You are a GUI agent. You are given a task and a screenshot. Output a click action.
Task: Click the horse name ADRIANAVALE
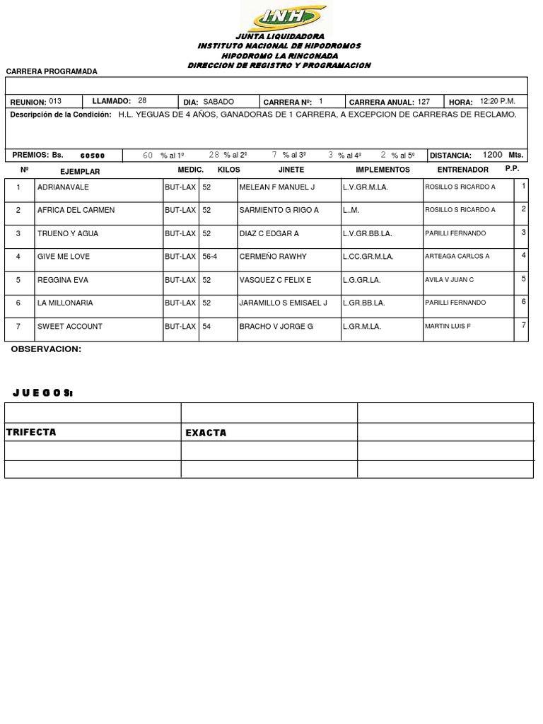64,187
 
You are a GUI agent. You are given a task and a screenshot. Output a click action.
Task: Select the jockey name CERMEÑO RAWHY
273,257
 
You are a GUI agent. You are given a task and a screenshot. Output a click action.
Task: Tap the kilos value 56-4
209,257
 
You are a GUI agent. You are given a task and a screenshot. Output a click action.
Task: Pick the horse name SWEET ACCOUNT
70,326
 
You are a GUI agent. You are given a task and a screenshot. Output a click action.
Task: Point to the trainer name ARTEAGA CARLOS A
457,257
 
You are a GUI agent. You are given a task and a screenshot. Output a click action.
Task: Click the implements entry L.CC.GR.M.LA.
368,257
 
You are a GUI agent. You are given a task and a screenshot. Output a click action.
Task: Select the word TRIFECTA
31,432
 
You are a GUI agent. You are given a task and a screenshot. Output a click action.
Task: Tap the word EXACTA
206,433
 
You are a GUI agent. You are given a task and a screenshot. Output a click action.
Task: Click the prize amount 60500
93,156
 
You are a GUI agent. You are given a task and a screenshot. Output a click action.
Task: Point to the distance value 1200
493,155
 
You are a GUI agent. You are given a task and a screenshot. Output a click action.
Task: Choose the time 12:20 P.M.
497,102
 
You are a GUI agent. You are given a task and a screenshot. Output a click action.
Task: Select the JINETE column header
291,170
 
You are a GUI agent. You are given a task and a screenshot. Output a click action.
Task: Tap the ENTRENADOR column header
462,170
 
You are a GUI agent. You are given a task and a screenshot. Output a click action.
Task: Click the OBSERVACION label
46,349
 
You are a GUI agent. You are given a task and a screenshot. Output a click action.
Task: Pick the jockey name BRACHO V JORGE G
276,326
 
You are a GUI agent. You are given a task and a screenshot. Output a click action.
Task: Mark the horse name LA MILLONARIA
65,303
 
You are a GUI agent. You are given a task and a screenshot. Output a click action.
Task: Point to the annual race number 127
424,102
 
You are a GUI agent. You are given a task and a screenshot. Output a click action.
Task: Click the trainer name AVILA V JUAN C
449,280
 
